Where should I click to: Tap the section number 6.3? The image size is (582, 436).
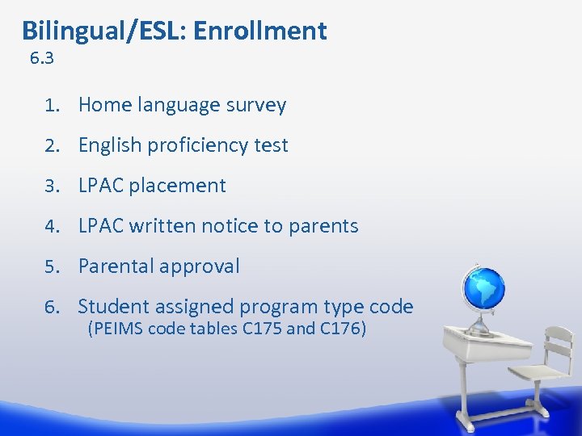point(41,58)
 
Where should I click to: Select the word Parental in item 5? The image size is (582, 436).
point(113,266)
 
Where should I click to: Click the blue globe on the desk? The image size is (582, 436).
point(482,287)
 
